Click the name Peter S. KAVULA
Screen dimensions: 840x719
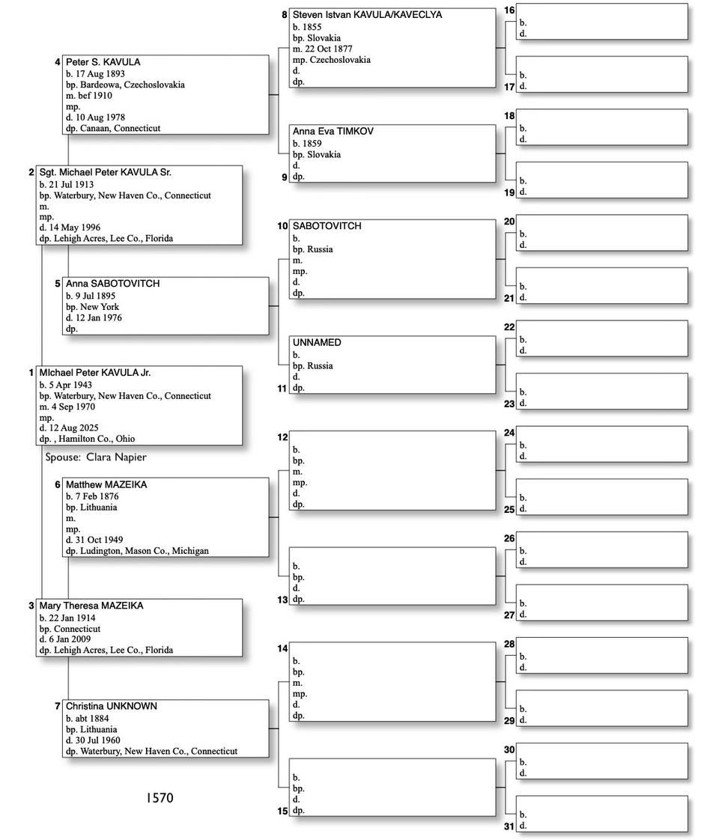pyautogui.click(x=103, y=62)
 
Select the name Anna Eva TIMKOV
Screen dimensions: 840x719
pyautogui.click(x=333, y=132)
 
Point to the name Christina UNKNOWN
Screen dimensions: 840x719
pyautogui.click(x=111, y=706)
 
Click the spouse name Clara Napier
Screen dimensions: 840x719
pyautogui.click(x=116, y=457)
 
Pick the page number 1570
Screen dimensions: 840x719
pyautogui.click(x=160, y=798)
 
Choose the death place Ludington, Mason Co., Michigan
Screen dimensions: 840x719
pyautogui.click(x=142, y=551)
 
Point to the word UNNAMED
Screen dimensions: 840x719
pyautogui.click(x=317, y=343)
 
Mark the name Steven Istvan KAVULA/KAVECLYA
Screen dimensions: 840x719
pyautogui.click(x=367, y=15)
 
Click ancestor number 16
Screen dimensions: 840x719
pyautogui.click(x=509, y=10)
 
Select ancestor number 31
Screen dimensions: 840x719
pyautogui.click(x=509, y=827)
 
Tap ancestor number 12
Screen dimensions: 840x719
pyautogui.click(x=282, y=437)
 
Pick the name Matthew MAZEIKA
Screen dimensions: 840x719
pyautogui.click(x=106, y=485)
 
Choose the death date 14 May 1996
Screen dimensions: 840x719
pyautogui.click(x=74, y=228)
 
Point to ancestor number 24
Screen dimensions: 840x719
pyautogui.click(x=509, y=433)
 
